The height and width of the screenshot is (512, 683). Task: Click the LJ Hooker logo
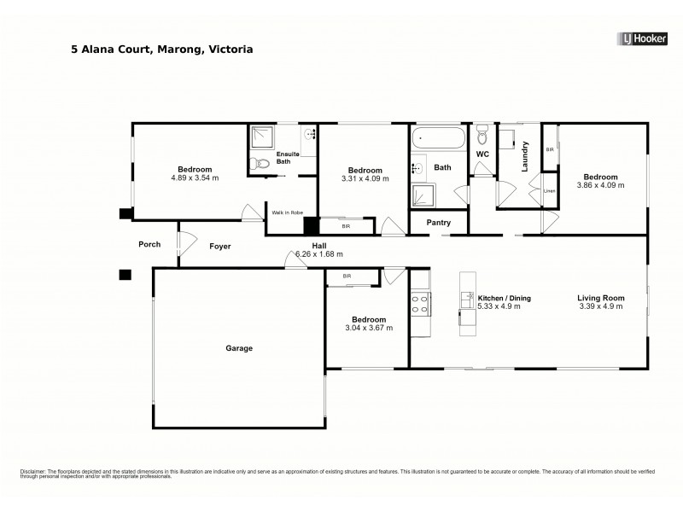pyautogui.click(x=643, y=38)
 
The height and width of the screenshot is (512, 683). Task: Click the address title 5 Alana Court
pyautogui.click(x=161, y=50)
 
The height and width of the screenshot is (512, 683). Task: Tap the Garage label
pyautogui.click(x=239, y=348)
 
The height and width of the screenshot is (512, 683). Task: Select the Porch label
pyautogui.click(x=149, y=245)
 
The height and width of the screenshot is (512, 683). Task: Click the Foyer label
pyautogui.click(x=220, y=246)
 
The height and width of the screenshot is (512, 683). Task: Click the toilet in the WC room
pyautogui.click(x=482, y=136)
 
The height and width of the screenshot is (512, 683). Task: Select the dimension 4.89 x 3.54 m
pyautogui.click(x=195, y=178)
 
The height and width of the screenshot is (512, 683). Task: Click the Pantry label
pyautogui.click(x=438, y=223)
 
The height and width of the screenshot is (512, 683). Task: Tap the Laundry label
pyautogui.click(x=525, y=156)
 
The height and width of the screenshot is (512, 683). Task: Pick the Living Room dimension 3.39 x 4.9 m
pyautogui.click(x=601, y=306)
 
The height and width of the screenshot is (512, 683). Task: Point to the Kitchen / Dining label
pyautogui.click(x=505, y=298)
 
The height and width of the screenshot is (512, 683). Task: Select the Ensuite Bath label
pyautogui.click(x=283, y=158)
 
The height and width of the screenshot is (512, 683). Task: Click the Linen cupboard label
pyautogui.click(x=550, y=191)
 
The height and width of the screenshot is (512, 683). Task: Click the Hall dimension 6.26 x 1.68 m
pyautogui.click(x=318, y=254)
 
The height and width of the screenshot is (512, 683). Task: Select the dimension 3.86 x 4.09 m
pyautogui.click(x=600, y=184)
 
